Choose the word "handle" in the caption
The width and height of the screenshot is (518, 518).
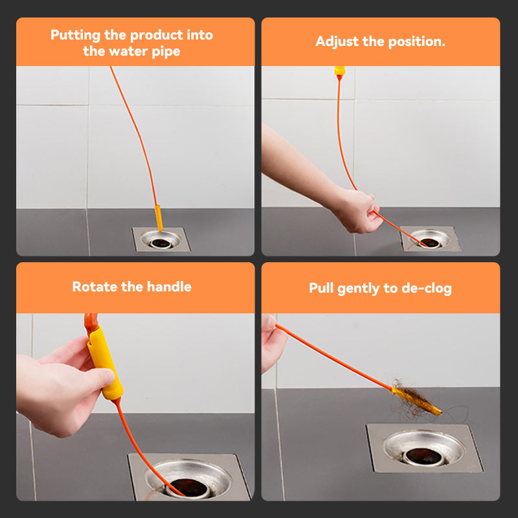tap(168, 287)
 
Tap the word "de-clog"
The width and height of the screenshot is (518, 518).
tap(427, 288)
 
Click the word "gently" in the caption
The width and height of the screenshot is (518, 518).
tap(367, 288)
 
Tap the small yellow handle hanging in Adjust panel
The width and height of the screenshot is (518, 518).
tap(339, 71)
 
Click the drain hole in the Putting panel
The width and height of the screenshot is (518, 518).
tap(160, 242)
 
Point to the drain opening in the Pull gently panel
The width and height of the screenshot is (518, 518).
tap(423, 455)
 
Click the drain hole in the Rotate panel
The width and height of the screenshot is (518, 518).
tap(187, 486)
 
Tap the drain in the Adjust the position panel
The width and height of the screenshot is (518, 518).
tap(429, 242)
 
